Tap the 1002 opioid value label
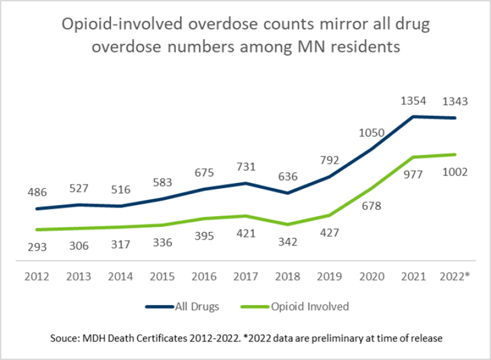click(x=454, y=172)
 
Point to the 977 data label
click(x=413, y=172)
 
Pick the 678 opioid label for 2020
click(x=370, y=206)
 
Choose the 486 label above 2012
click(x=36, y=192)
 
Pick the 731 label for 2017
click(x=245, y=167)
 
